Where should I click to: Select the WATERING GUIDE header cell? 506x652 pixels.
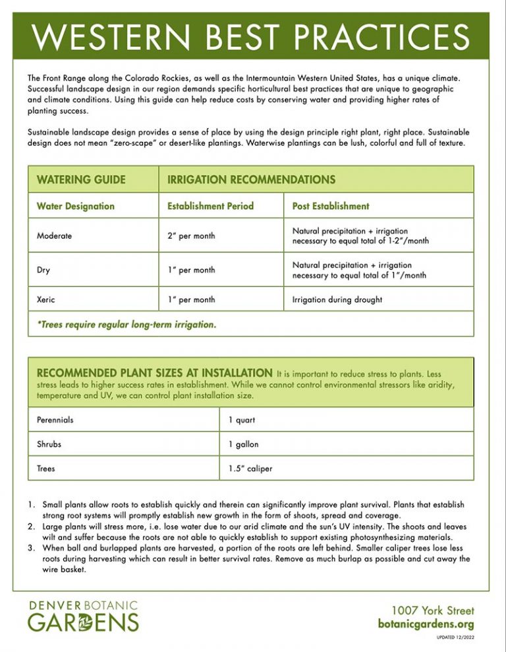pyautogui.click(x=81, y=179)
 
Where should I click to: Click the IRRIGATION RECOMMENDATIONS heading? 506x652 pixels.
pyautogui.click(x=251, y=179)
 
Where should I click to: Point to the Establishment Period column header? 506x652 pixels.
pyautogui.click(x=210, y=206)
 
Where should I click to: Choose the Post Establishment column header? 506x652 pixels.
pyautogui.click(x=330, y=206)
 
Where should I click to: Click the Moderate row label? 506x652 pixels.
pyautogui.click(x=55, y=236)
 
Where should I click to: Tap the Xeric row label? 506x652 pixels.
pyautogui.click(x=46, y=300)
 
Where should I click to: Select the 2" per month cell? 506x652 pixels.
pyautogui.click(x=191, y=236)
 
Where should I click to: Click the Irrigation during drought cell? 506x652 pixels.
pyautogui.click(x=337, y=300)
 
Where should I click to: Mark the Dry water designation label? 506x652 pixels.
pyautogui.click(x=44, y=270)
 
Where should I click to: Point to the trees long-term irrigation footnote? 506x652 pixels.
pyautogui.click(x=126, y=325)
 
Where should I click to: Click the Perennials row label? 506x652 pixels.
pyautogui.click(x=55, y=420)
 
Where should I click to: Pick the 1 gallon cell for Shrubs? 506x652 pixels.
pyautogui.click(x=243, y=444)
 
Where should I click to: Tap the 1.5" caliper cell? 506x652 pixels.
pyautogui.click(x=250, y=469)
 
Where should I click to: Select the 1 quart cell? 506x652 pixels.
pyautogui.click(x=241, y=420)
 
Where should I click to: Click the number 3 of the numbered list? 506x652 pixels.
pyautogui.click(x=32, y=549)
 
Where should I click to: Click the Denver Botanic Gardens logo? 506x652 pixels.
pyautogui.click(x=83, y=616)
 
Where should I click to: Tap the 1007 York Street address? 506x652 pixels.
pyautogui.click(x=432, y=611)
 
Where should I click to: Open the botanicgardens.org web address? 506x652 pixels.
pyautogui.click(x=426, y=624)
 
